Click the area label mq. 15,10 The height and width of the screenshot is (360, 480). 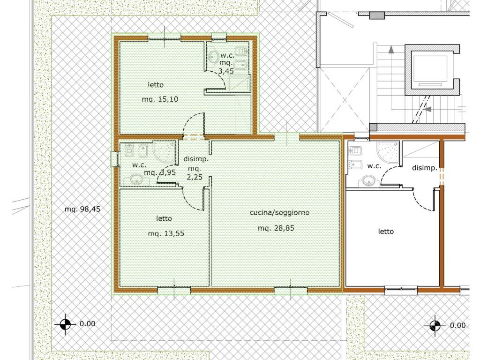click(160, 99)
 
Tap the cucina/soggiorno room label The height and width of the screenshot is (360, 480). click(279, 212)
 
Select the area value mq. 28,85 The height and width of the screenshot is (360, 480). click(276, 228)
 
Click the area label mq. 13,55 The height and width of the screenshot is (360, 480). click(166, 233)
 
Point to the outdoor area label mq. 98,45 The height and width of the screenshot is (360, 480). click(82, 210)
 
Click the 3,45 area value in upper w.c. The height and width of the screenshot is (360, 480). click(226, 71)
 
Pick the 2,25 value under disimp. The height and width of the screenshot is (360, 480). click(195, 177)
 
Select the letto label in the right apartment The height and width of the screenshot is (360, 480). click(386, 232)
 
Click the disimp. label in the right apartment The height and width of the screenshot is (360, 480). click(424, 168)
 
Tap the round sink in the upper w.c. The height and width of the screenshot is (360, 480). click(214, 56)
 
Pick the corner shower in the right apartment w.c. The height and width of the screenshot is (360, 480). click(388, 152)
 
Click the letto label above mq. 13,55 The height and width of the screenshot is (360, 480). click(164, 218)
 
